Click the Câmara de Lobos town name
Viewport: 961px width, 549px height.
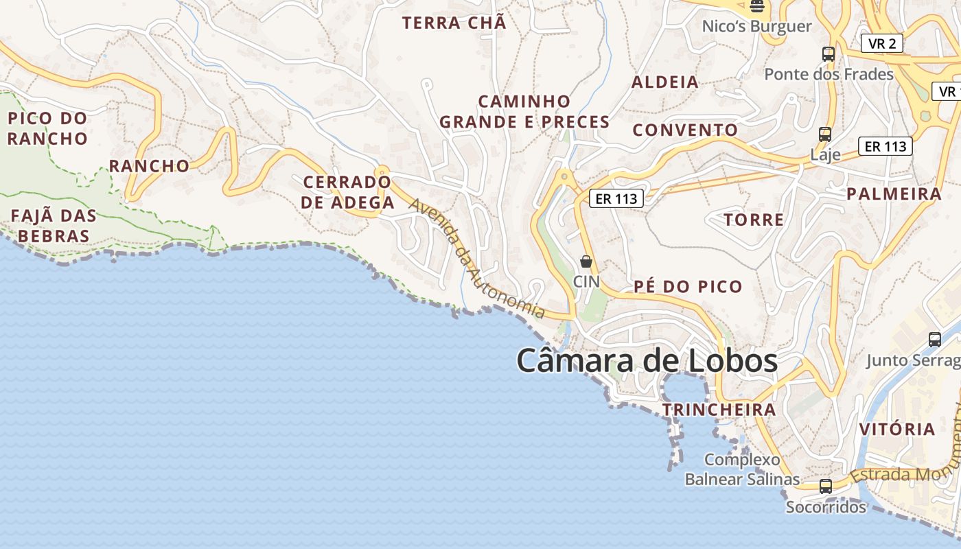pyautogui.click(x=647, y=361)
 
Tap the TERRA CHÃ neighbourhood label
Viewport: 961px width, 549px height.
pyautogui.click(x=454, y=23)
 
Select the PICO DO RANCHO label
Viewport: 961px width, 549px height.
pyautogui.click(x=48, y=128)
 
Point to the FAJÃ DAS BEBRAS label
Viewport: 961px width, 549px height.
pyautogui.click(x=54, y=226)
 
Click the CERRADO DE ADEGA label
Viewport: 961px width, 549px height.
pyautogui.click(x=348, y=192)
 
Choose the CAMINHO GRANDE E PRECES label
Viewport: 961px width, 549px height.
pyautogui.click(x=524, y=112)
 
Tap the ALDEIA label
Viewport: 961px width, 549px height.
pyautogui.click(x=664, y=82)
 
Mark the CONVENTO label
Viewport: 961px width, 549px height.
pyautogui.click(x=685, y=130)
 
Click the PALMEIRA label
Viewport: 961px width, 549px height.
pyautogui.click(x=894, y=194)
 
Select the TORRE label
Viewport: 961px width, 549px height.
pyautogui.click(x=754, y=220)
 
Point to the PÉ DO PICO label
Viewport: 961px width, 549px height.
pyautogui.click(x=688, y=286)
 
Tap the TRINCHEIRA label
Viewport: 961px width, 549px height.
pyautogui.click(x=719, y=410)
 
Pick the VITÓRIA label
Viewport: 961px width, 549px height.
pyautogui.click(x=897, y=430)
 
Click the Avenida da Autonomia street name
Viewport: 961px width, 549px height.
pyautogui.click(x=478, y=259)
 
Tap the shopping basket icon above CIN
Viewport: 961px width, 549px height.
pyautogui.click(x=586, y=261)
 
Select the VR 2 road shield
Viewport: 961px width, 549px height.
pyautogui.click(x=881, y=44)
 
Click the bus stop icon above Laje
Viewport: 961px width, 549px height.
pyautogui.click(x=825, y=135)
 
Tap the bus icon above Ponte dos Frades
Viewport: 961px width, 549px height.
pyautogui.click(x=829, y=54)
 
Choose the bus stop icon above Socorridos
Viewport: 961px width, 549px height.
pyautogui.click(x=826, y=487)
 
